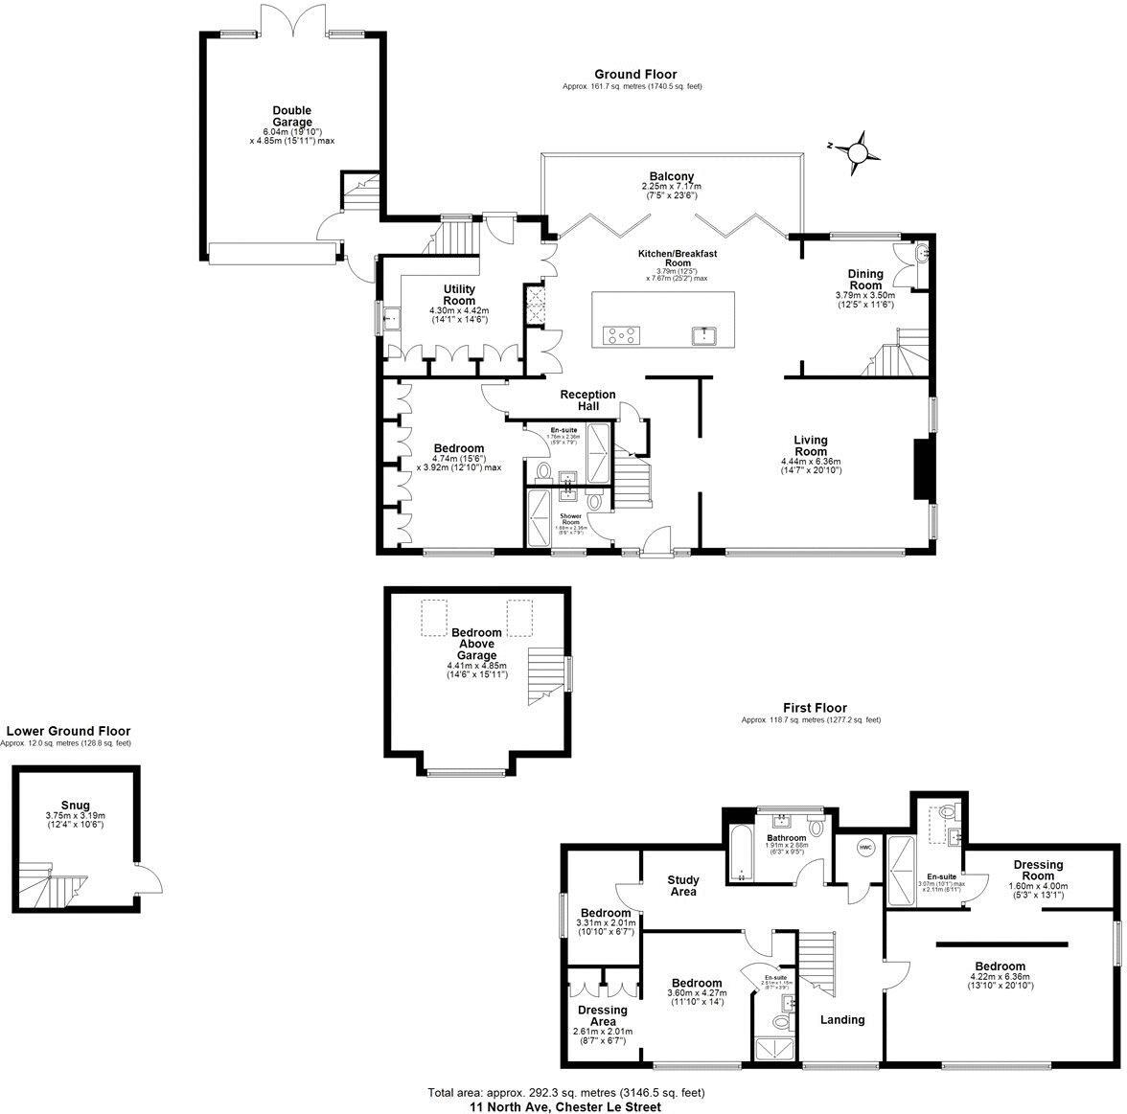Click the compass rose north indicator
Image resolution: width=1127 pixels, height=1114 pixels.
[858, 152]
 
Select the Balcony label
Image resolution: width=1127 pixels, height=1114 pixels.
[671, 176]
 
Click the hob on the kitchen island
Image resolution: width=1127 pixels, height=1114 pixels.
[621, 334]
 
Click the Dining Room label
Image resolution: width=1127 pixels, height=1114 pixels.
[864, 279]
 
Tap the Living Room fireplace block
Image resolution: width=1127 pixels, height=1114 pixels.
[922, 469]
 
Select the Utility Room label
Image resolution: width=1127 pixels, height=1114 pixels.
[459, 294]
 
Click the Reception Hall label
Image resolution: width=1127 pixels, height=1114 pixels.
[587, 400]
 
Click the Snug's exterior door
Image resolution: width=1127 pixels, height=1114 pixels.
[148, 877]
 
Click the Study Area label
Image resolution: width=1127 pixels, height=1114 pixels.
[683, 885]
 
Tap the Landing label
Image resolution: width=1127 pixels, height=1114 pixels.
[841, 1019]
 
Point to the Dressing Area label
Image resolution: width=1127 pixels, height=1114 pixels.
[602, 1015]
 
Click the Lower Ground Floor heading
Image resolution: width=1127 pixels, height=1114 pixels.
[67, 731]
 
